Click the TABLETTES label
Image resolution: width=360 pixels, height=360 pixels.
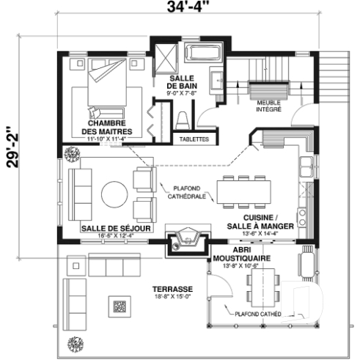(x=194, y=139)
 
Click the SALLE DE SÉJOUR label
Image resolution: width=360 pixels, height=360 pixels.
(x=116, y=229)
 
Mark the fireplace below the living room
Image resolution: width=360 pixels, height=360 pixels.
(x=181, y=240)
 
